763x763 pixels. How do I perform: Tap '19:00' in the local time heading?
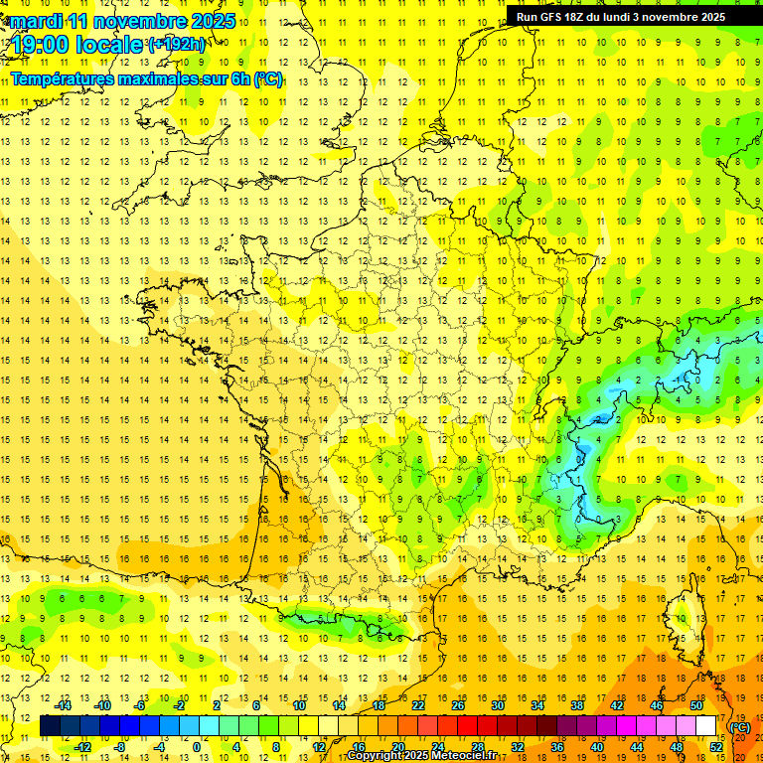click(x=40, y=45)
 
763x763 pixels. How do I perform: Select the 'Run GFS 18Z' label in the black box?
click(x=552, y=16)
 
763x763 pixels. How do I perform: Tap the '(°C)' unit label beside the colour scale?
click(x=739, y=726)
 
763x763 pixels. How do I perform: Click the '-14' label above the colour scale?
click(x=65, y=705)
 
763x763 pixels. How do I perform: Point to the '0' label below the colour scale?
click(x=197, y=746)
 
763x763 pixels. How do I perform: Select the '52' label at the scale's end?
click(x=715, y=746)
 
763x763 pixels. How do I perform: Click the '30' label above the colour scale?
click(x=497, y=705)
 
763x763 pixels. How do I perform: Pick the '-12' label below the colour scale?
click(x=83, y=746)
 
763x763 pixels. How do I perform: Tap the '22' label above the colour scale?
click(x=417, y=705)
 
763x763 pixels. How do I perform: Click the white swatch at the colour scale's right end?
click(x=705, y=726)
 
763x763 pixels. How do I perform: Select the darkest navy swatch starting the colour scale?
click(x=50, y=726)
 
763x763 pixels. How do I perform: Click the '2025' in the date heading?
click(x=211, y=21)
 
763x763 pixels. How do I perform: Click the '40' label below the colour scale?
click(x=596, y=746)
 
